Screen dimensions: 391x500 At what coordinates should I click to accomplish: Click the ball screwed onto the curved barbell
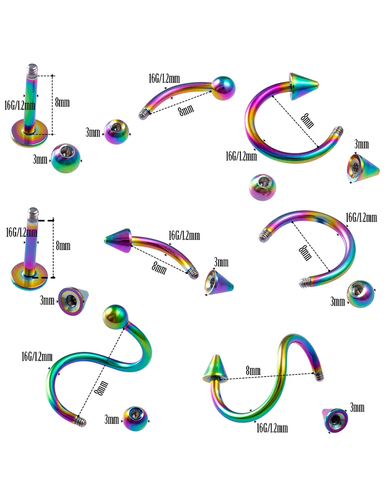pos(224,89)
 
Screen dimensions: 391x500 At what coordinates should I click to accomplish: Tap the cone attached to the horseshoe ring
pos(303,86)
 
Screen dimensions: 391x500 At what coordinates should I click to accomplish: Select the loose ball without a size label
pos(262,187)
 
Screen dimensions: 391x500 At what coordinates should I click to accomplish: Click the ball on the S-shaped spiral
pos(115,317)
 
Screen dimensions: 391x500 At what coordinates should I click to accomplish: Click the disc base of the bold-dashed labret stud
pos(29,276)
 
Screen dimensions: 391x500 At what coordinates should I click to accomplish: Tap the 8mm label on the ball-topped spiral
pos(102,387)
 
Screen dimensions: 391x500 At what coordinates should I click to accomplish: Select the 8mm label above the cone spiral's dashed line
pos(253,370)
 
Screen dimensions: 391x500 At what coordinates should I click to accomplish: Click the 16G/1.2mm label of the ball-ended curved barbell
pos(164,79)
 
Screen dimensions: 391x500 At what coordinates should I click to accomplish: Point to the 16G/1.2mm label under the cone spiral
pos(272,428)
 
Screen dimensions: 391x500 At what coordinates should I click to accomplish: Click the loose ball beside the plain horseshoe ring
pos(361,294)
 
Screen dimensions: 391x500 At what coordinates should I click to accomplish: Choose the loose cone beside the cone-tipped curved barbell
pos(218,282)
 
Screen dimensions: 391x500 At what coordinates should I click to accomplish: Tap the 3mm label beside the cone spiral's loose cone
pos(357,407)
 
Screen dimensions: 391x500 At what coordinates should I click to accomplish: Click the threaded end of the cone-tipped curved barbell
pos(193,273)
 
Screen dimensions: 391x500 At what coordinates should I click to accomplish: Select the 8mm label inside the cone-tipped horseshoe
pos(307,121)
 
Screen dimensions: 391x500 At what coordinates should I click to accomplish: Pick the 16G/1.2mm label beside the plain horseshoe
pos(361,218)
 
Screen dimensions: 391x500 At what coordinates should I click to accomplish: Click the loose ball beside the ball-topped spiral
pos(136,419)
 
